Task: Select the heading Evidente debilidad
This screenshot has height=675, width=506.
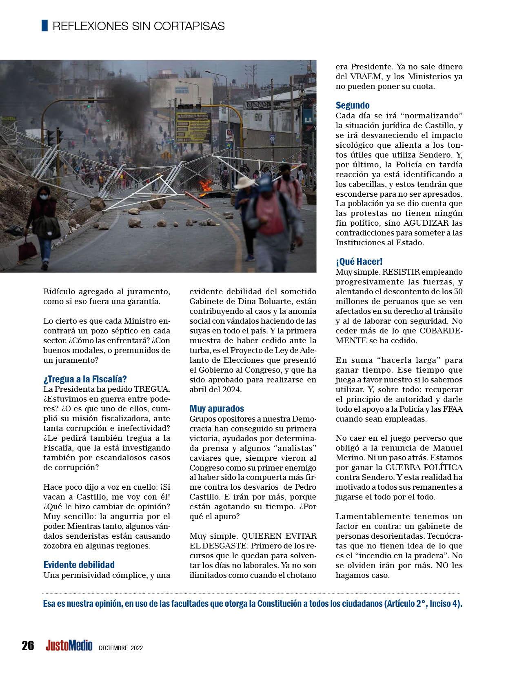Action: pos(79,565)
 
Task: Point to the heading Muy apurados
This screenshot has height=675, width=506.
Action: pos(217,408)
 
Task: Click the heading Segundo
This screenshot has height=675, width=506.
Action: pos(352,105)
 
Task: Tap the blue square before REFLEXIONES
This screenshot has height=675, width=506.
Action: pos(44,25)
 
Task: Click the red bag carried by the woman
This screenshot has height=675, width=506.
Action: pos(27,249)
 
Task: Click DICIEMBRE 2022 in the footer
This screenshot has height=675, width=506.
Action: pos(120,648)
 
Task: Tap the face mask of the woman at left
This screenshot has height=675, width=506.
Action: pos(43,198)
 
